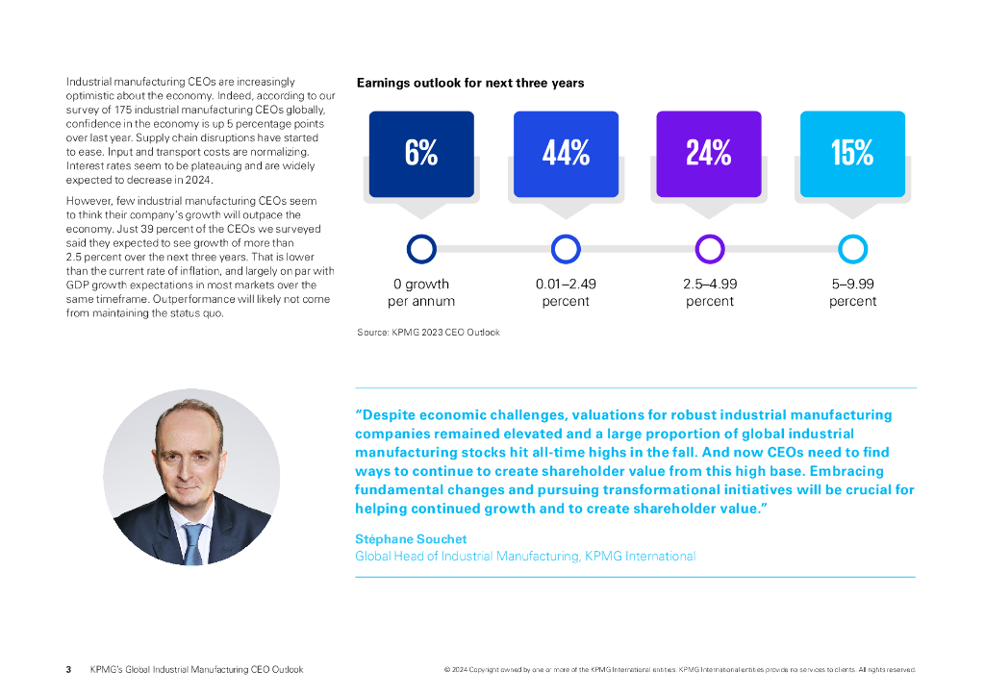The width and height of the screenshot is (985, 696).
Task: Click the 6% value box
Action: pyautogui.click(x=421, y=154)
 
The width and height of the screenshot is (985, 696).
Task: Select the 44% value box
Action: pyautogui.click(x=566, y=154)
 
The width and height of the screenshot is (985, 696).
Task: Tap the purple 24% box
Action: pyautogui.click(x=709, y=154)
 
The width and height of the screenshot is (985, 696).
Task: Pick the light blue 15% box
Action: pyautogui.click(x=852, y=154)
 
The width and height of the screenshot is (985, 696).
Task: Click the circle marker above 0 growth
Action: pyautogui.click(x=421, y=249)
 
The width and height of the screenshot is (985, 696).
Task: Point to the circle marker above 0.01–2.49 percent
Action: pyautogui.click(x=566, y=249)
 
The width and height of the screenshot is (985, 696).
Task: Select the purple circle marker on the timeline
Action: pyautogui.click(x=709, y=249)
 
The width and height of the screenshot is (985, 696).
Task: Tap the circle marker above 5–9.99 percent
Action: pyautogui.click(x=852, y=249)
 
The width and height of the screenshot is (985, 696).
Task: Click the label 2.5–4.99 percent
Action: pyautogui.click(x=709, y=292)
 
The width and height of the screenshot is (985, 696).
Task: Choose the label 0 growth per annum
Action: pyautogui.click(x=421, y=292)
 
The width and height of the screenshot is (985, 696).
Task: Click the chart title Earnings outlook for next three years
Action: pyautogui.click(x=470, y=84)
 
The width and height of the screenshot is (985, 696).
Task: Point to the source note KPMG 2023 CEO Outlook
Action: pyautogui.click(x=428, y=333)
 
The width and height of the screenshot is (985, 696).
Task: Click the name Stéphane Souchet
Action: pyautogui.click(x=411, y=539)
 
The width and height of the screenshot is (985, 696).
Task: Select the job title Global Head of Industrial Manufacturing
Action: pyautogui.click(x=525, y=557)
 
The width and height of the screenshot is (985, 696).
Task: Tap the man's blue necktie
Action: pyautogui.click(x=192, y=544)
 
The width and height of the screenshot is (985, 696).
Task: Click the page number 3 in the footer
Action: pyautogui.click(x=68, y=669)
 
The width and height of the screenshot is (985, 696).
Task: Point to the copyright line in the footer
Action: pyautogui.click(x=679, y=669)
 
